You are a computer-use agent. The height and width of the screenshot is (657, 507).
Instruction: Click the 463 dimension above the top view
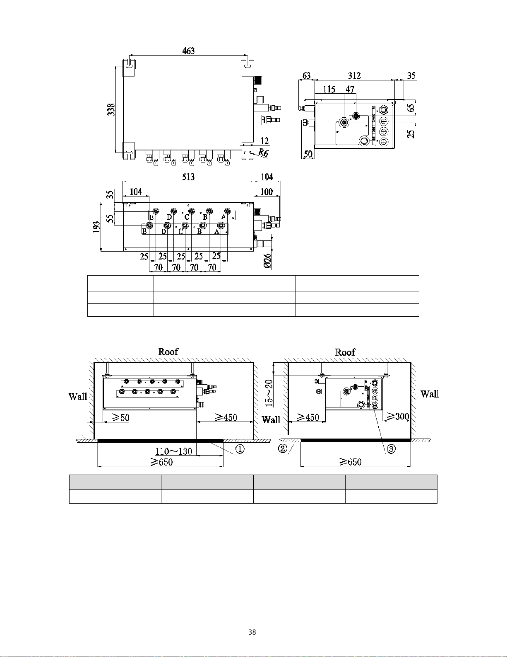(x=188, y=51)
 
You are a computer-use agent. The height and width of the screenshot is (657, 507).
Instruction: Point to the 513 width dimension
(x=188, y=177)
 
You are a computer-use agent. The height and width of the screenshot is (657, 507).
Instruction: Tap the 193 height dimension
(x=96, y=228)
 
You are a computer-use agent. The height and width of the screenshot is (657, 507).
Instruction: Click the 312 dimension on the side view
(x=354, y=76)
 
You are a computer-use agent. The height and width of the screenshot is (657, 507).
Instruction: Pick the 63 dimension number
(x=307, y=76)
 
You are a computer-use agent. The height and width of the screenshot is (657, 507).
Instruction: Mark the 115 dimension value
(x=329, y=89)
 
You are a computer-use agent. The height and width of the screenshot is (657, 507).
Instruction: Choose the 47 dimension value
(x=350, y=89)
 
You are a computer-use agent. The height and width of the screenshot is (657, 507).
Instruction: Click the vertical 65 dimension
(x=411, y=108)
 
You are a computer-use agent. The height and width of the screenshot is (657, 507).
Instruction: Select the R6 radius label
(x=263, y=153)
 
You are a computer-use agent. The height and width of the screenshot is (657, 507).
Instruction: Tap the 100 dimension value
(x=267, y=192)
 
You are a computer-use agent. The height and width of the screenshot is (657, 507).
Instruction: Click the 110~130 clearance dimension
(x=174, y=451)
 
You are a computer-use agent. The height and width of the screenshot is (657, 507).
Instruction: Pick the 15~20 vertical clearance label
(x=269, y=392)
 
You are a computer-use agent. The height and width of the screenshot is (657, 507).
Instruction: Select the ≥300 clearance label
(x=398, y=416)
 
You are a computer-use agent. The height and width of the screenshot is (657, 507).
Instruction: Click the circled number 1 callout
(x=240, y=449)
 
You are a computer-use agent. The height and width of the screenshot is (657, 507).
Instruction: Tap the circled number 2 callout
(x=283, y=449)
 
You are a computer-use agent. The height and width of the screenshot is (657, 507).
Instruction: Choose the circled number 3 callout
(x=391, y=449)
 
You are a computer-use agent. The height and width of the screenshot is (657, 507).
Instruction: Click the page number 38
(x=252, y=632)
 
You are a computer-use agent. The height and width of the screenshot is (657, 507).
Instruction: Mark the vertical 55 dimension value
(x=110, y=218)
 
